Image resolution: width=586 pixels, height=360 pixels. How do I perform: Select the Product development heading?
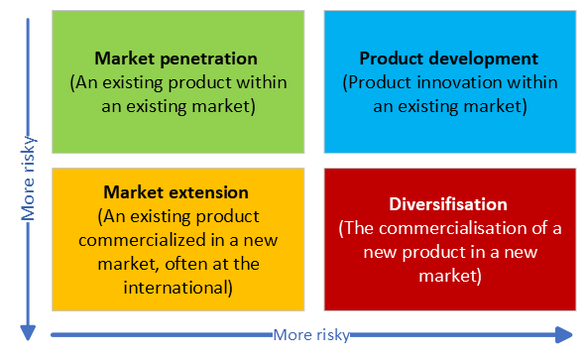tap(448, 59)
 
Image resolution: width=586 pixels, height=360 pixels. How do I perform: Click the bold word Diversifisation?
tap(448, 204)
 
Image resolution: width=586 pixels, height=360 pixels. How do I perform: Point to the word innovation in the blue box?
tap(468, 81)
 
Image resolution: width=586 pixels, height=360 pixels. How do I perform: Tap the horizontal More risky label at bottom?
tap(311, 335)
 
